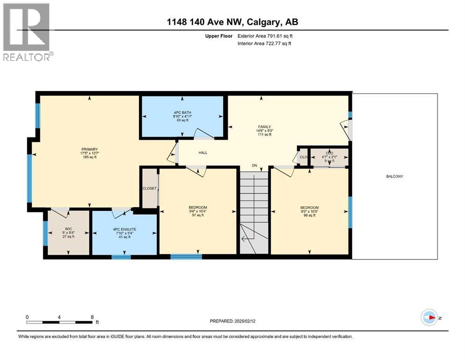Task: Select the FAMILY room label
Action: [x=265, y=127]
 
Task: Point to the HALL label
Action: [x=203, y=152]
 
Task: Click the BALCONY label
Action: [x=394, y=177]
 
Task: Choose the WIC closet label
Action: [x=68, y=229]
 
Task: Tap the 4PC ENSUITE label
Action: [x=124, y=229]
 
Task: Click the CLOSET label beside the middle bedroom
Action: [x=150, y=188]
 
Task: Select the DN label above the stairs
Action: [x=255, y=165]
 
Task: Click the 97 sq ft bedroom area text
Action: [x=198, y=215]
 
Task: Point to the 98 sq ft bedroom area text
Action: [x=309, y=216]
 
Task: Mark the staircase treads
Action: [x=255, y=197]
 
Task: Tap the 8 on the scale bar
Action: [x=92, y=317]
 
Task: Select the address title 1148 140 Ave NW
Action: [x=232, y=22]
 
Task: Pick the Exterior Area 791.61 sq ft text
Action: [x=266, y=36]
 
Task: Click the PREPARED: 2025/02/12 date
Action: [x=232, y=321]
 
